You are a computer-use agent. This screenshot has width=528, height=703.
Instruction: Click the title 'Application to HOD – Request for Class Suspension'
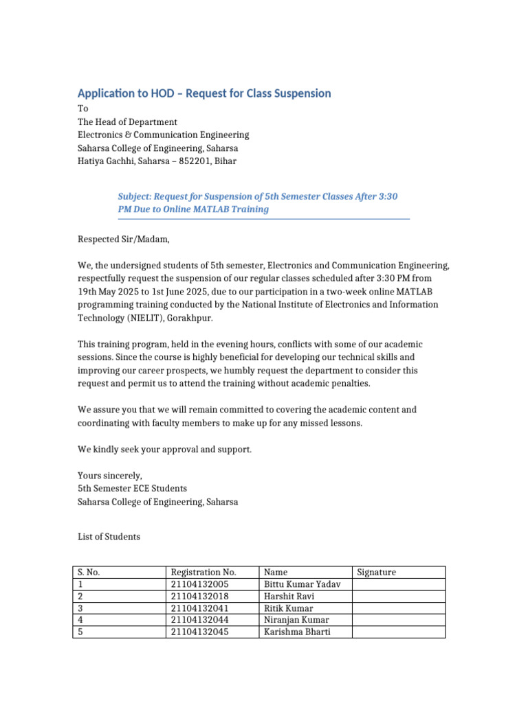[204, 93]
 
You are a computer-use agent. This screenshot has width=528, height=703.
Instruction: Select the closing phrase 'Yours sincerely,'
[109, 475]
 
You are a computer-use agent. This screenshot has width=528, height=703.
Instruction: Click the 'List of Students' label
[109, 536]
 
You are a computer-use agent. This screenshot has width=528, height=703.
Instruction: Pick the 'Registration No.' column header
[203, 572]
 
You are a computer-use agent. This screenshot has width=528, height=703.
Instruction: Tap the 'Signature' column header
[377, 572]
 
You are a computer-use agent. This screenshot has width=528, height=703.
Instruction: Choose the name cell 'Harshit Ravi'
[289, 596]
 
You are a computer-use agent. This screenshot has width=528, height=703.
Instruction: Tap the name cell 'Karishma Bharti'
[297, 632]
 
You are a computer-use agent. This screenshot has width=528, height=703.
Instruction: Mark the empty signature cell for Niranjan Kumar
[398, 620]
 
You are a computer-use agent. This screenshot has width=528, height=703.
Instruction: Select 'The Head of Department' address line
[127, 122]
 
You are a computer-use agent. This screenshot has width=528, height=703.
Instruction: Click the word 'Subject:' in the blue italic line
[136, 196]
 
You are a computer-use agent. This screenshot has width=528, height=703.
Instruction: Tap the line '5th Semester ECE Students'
[132, 488]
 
